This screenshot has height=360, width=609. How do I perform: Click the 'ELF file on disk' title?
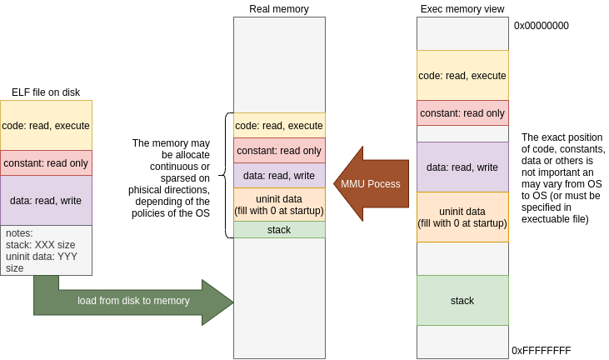click(46, 92)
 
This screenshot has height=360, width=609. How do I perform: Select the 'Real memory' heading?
click(279, 9)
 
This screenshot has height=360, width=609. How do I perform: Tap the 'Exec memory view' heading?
click(462, 9)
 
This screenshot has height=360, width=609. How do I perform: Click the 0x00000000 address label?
click(541, 26)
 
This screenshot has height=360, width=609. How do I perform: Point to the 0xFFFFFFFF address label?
click(541, 351)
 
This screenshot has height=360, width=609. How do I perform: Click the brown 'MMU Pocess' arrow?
click(371, 183)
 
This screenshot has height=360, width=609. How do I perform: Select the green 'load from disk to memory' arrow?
click(133, 301)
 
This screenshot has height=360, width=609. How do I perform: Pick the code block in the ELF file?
click(46, 126)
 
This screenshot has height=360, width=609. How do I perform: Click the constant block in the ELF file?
click(46, 163)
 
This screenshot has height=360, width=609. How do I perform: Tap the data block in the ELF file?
click(46, 200)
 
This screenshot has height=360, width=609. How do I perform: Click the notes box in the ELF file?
click(46, 250)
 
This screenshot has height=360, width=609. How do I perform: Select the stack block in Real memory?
click(279, 229)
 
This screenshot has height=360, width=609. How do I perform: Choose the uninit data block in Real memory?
click(279, 204)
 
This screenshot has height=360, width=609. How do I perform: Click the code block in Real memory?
click(279, 125)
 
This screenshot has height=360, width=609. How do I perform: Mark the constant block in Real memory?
click(279, 150)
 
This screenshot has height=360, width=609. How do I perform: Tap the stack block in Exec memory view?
click(462, 300)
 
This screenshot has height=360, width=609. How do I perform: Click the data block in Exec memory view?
click(462, 167)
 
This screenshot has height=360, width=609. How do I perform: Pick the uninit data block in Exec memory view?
click(462, 217)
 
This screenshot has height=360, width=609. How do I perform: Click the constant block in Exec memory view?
click(462, 112)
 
